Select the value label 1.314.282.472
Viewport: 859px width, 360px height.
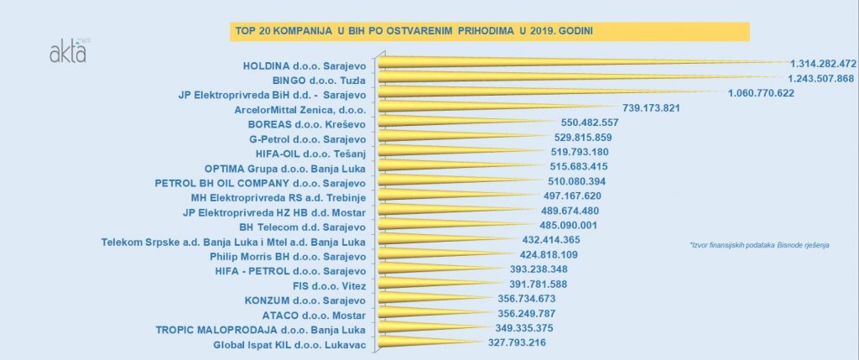tap(822, 63)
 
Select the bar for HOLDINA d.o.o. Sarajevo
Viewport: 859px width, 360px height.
tap(579, 63)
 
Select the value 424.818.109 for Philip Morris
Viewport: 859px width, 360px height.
tap(532, 255)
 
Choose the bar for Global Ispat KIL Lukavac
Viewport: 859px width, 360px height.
tap(428, 344)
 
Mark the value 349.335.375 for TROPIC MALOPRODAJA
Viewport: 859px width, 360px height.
tap(513, 328)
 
